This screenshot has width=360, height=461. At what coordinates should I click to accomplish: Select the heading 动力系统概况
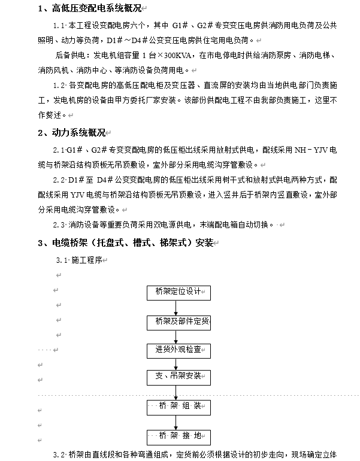[76, 133]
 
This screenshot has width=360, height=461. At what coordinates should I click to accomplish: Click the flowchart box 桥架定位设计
[179, 293]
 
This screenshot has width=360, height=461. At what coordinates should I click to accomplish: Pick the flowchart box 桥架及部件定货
[179, 322]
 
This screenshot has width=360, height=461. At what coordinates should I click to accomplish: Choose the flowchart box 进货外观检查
[179, 349]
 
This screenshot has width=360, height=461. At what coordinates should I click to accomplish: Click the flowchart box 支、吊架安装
[179, 377]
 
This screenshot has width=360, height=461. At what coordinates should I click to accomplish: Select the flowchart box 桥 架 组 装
[179, 407]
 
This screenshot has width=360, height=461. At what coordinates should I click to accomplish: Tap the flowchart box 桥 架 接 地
[179, 436]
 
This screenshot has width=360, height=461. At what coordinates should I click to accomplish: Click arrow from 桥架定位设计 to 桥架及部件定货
[176, 308]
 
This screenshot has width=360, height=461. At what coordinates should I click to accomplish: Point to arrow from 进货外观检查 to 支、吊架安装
[176, 363]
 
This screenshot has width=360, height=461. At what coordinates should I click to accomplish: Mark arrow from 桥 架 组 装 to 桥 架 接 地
[176, 422]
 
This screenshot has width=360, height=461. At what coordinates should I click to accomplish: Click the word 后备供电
[69, 55]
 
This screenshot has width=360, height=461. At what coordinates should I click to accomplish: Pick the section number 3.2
[58, 454]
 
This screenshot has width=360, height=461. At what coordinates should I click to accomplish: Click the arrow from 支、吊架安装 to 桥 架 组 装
[176, 392]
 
